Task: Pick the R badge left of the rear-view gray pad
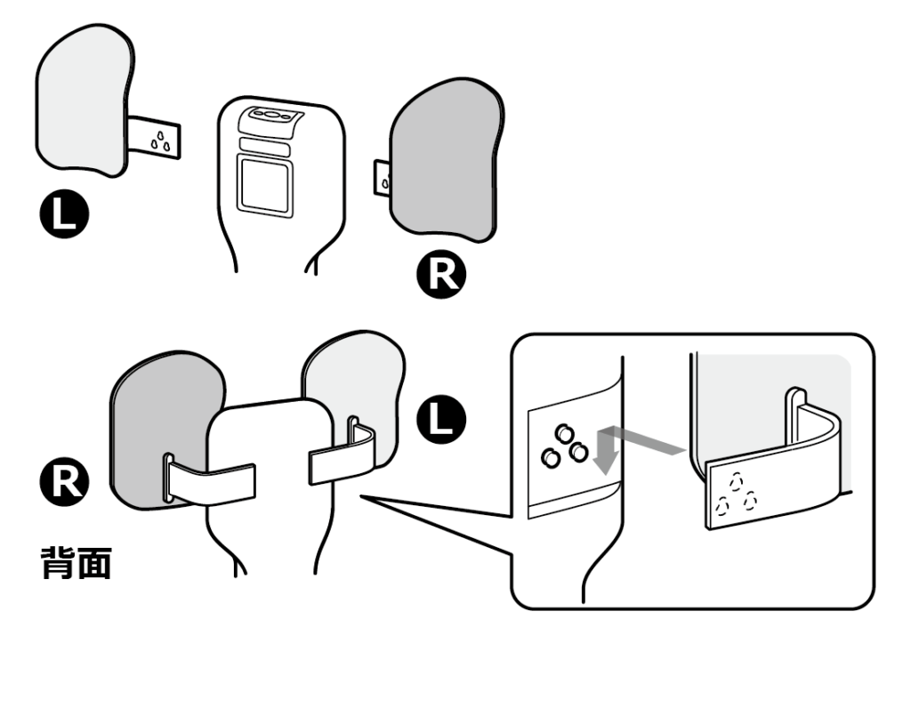(69, 479)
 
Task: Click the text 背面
(77, 563)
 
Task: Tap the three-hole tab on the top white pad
(157, 138)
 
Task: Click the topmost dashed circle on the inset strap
(736, 480)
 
